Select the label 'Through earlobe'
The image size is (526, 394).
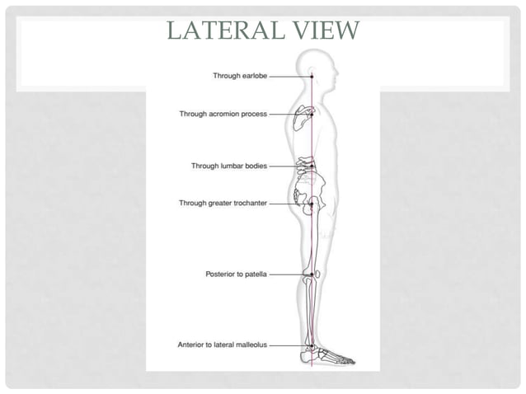(239, 76)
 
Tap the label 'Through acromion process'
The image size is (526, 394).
(223, 114)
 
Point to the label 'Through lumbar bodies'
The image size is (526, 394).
(228, 166)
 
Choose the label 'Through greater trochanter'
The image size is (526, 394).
(223, 203)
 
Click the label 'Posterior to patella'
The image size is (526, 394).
(236, 274)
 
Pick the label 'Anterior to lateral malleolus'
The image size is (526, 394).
(222, 345)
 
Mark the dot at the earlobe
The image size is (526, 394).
(312, 76)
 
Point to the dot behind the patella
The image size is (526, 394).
(312, 274)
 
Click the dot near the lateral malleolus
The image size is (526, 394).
(312, 345)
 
